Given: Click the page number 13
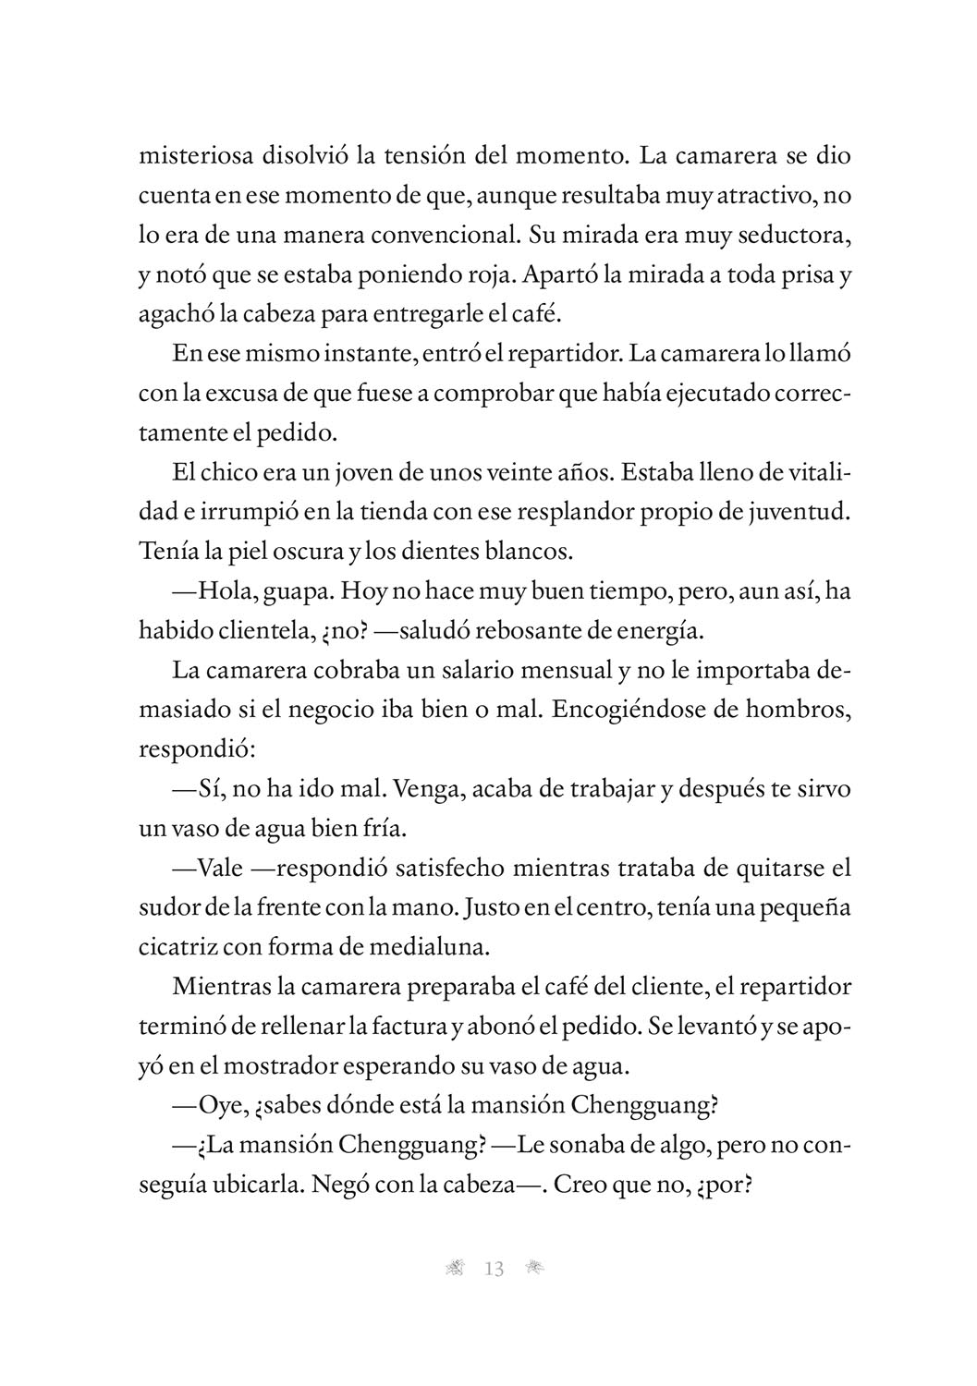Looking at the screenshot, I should click(494, 1269).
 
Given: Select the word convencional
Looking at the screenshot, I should click(439, 234).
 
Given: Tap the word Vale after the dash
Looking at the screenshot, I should click(221, 869).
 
